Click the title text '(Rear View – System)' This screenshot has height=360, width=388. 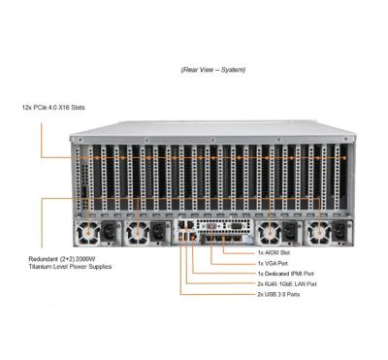click(x=212, y=70)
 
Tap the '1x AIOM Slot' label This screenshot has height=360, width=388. click(x=278, y=252)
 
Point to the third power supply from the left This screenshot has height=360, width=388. click(x=268, y=233)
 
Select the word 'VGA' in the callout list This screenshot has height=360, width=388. click(x=275, y=263)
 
